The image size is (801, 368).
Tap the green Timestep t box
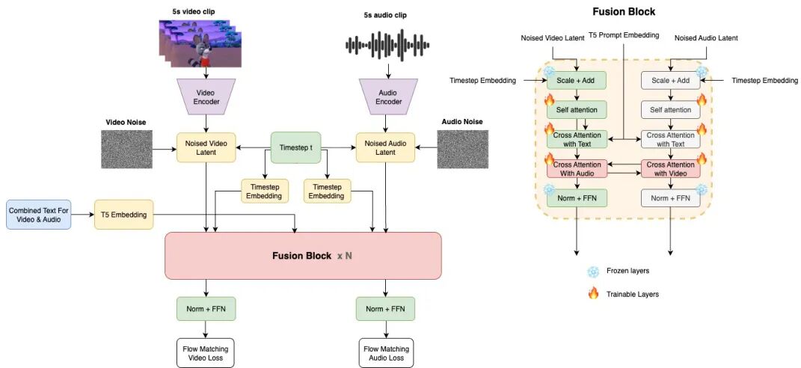pos(295,147)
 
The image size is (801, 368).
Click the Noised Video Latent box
pos(206,147)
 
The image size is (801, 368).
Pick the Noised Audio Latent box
pos(385,147)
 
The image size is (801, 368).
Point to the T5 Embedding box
pos(124,215)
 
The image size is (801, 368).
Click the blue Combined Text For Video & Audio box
pos(38,215)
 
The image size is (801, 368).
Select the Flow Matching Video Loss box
pos(206,352)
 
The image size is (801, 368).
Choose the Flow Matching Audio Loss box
pos(386,352)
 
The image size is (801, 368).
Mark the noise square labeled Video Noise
pos(126,149)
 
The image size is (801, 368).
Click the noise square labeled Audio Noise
pos(462,149)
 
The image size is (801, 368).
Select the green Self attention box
pos(576,110)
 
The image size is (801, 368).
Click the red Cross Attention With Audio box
pos(576,168)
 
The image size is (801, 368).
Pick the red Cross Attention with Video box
pos(670,168)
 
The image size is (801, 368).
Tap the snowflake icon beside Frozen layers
pos(593,272)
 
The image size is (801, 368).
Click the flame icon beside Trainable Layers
pos(593,293)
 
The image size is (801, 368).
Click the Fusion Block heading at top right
pos(624,11)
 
